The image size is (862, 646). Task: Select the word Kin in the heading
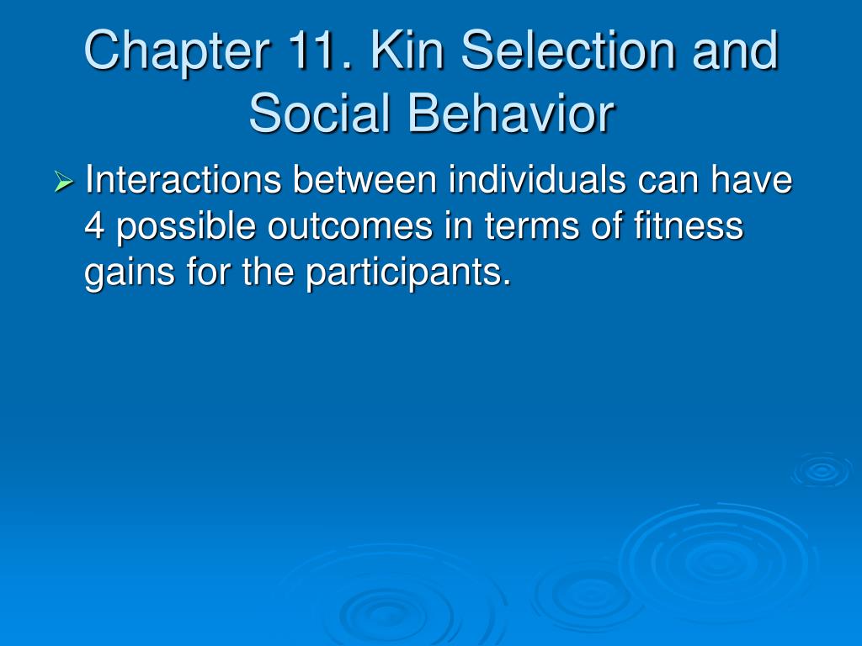coord(407,50)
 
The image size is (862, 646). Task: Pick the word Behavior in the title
coord(511,114)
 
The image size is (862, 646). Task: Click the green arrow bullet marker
coord(64,182)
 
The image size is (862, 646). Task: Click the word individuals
coord(537,179)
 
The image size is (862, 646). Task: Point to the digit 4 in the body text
coord(94,225)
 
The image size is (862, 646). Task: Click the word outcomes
coord(350,225)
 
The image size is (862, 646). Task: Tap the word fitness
coord(689,225)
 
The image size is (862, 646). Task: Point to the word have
coord(752,179)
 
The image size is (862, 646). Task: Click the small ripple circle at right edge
coord(822,470)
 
